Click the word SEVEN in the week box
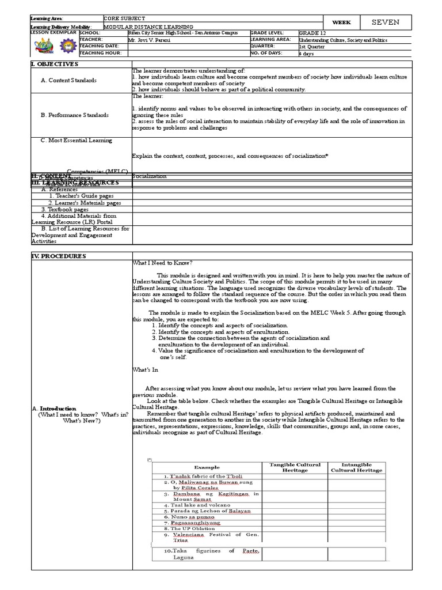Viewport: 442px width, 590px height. (385, 22)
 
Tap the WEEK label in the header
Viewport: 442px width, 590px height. (341, 22)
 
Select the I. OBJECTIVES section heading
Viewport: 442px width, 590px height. (54, 64)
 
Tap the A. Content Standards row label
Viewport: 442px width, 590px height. (68, 80)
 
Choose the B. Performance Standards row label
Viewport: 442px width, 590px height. (75, 115)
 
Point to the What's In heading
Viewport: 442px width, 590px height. (145, 369)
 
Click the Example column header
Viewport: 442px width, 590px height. (207, 467)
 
